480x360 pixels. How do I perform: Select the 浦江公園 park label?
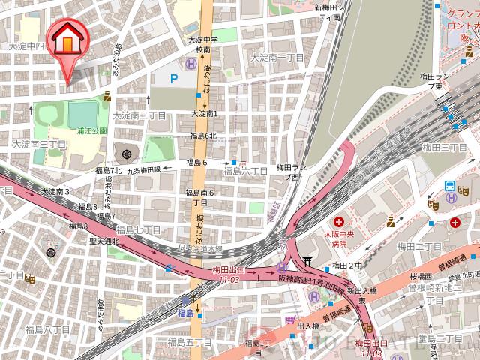(93, 130)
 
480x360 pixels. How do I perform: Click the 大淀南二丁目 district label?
(139, 116)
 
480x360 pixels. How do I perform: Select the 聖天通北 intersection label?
(104, 241)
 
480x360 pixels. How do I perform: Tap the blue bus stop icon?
(449, 186)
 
